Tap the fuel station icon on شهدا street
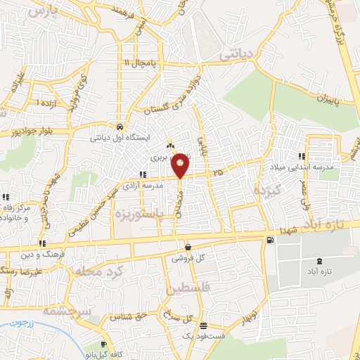[270, 240]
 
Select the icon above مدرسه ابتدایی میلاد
[302, 156]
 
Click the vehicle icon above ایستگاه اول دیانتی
[120, 127]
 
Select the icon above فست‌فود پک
[203, 325]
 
